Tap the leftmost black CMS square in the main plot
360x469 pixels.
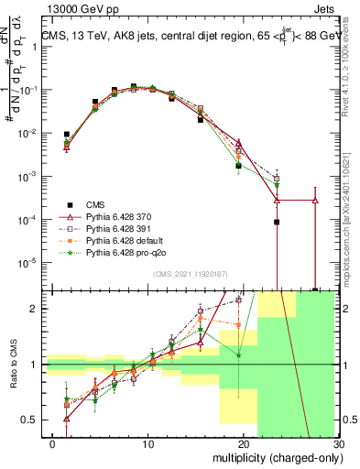66,134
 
